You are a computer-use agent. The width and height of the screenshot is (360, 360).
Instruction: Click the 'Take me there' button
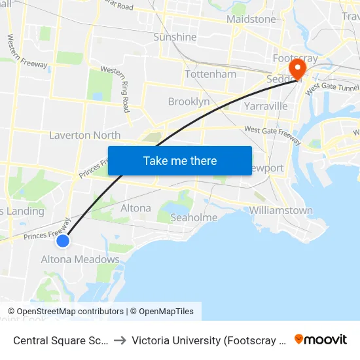tap(180, 160)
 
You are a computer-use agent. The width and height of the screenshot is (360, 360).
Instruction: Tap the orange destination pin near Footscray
tap(298, 68)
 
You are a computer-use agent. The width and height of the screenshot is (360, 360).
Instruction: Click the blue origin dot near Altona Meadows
tap(63, 241)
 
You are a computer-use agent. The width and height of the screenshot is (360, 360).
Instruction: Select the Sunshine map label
tap(175, 37)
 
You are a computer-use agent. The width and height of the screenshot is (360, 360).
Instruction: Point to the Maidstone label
tap(251, 19)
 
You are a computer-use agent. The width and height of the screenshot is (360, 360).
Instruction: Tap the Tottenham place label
tap(211, 74)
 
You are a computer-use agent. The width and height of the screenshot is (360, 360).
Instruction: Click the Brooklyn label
tap(189, 101)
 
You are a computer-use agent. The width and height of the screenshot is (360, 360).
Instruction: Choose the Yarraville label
tap(265, 105)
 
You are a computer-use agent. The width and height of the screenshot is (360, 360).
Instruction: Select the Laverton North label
tap(85, 135)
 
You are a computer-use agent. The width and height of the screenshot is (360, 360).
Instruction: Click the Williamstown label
tap(281, 211)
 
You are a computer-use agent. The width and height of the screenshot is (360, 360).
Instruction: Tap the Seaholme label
tap(194, 217)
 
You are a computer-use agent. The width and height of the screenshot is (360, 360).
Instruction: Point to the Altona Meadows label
tap(81, 259)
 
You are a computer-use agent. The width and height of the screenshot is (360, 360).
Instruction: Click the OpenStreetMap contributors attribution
tap(70, 312)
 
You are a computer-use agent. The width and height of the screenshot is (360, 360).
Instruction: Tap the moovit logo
tap(321, 340)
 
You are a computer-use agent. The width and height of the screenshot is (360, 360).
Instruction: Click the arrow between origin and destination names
tap(120, 340)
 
